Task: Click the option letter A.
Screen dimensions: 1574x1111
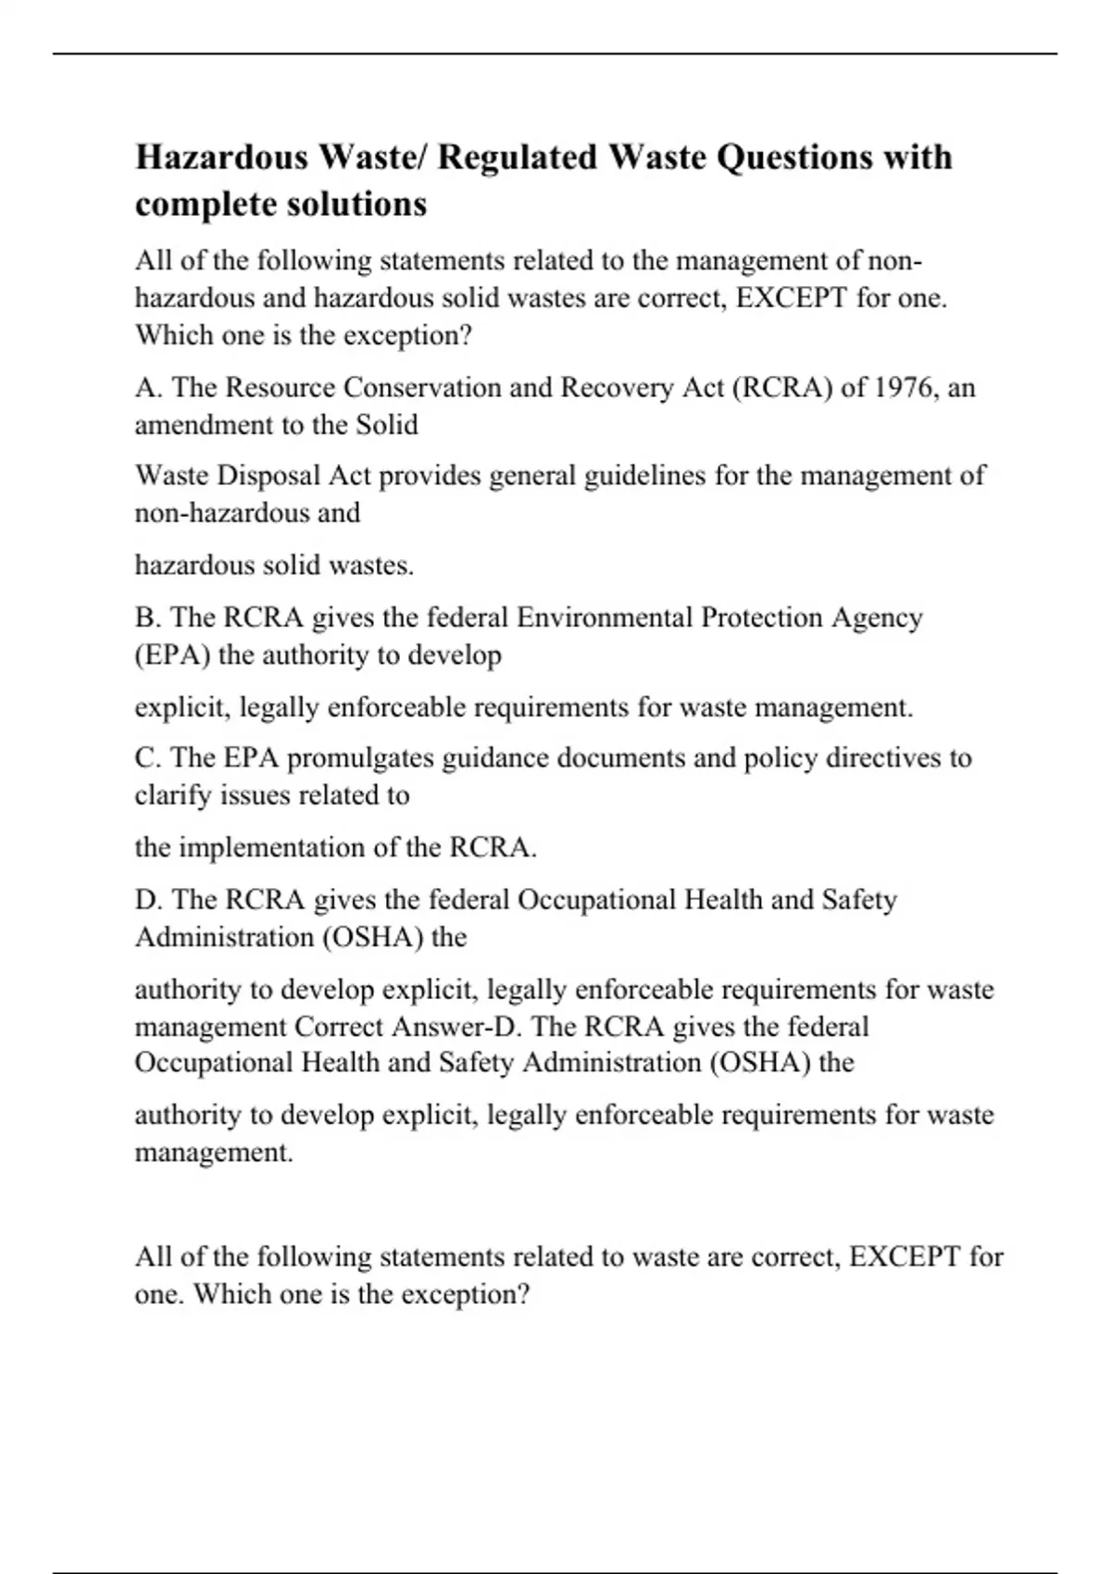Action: coord(147,387)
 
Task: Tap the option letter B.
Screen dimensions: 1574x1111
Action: coord(147,618)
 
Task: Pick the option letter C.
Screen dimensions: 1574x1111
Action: coord(147,758)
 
